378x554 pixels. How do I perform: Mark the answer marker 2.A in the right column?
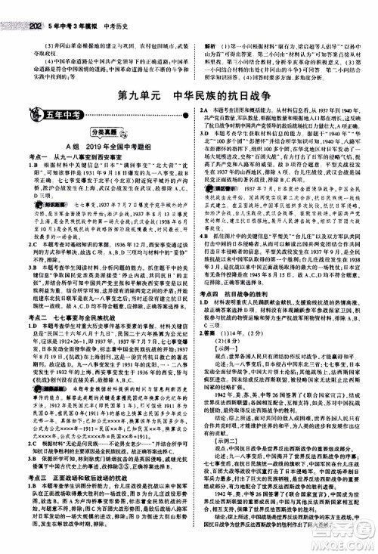203,110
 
